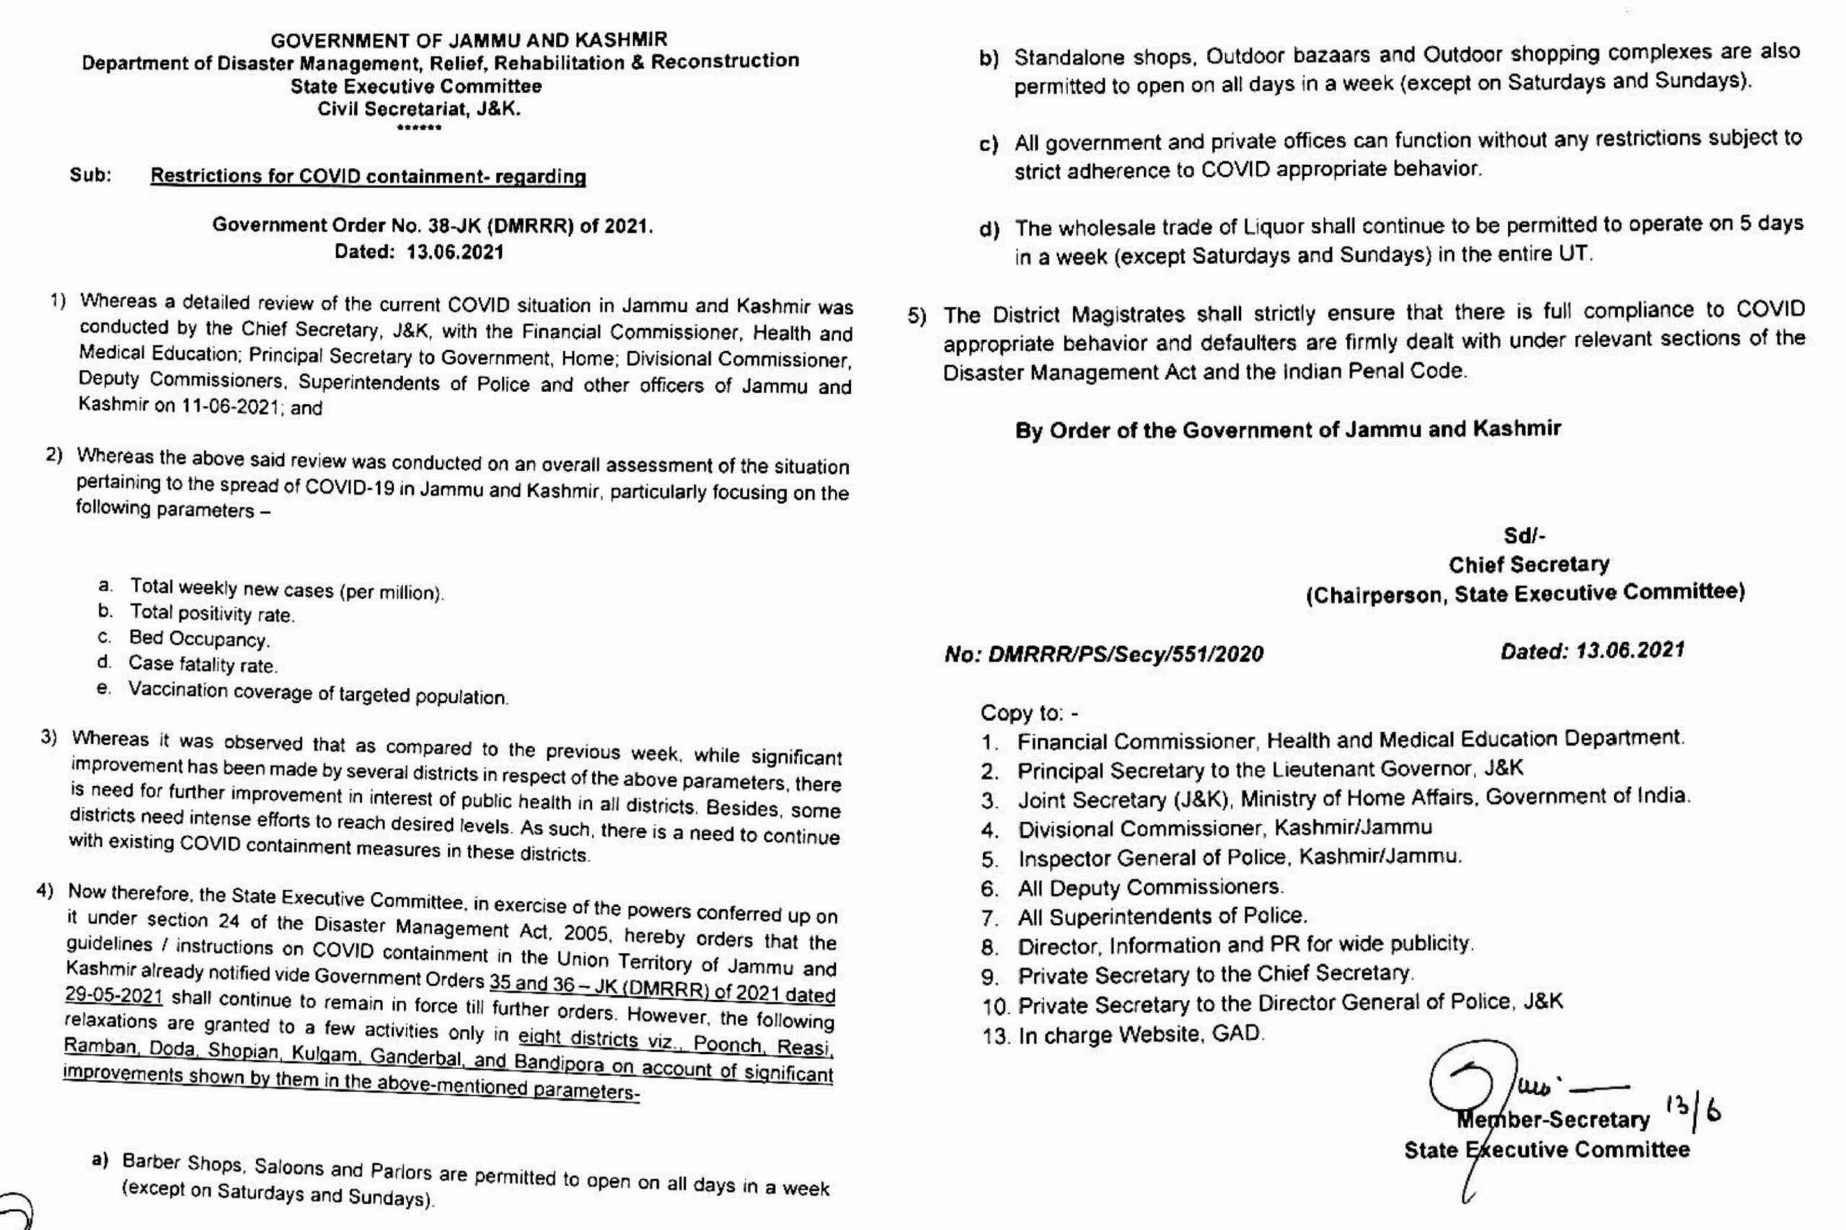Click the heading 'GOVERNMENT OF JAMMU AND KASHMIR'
coord(469,39)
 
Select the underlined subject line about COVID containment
coord(368,176)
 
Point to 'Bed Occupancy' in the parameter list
coord(199,639)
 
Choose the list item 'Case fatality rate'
coord(203,665)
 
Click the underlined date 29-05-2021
coord(114,996)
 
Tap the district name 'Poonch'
coord(728,1045)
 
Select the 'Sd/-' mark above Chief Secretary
coord(1524,536)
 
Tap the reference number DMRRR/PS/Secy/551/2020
coord(1104,654)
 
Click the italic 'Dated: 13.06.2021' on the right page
coord(1591,650)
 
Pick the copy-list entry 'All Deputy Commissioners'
coord(1150,888)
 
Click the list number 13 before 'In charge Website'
coord(995,1036)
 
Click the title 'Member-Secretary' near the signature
coord(1553,1120)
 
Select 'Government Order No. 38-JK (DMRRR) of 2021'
coord(432,226)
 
